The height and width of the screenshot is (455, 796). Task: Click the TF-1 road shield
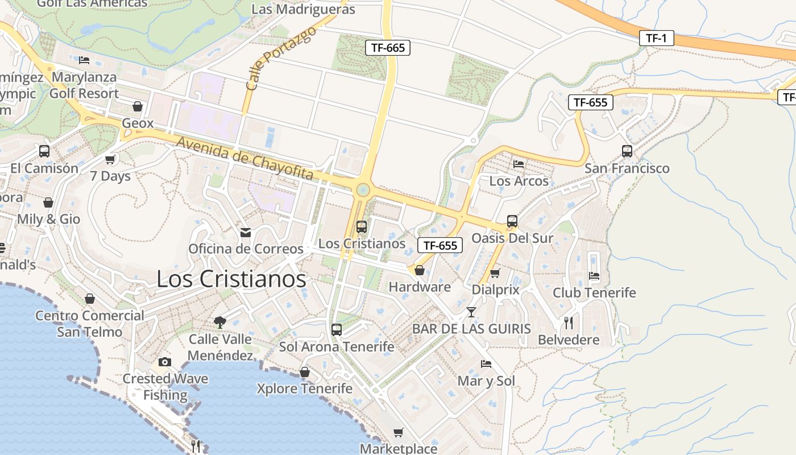coord(656,38)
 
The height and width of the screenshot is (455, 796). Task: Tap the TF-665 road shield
coord(388,48)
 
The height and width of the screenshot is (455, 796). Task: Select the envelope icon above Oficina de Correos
coord(246,233)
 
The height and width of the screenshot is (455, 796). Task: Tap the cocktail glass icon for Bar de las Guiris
coord(471,312)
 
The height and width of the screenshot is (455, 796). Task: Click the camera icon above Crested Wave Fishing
coord(164,362)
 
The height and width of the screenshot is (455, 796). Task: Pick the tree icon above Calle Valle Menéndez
coord(220,322)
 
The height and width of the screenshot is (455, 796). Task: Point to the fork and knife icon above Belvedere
coord(569,322)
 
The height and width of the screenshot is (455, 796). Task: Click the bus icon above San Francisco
coord(627,151)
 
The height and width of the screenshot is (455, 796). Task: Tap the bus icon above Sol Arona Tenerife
coord(337,330)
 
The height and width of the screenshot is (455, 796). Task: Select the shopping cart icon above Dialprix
coord(495,274)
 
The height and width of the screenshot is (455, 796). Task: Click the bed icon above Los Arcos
coord(519,164)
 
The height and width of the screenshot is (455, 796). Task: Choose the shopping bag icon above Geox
coord(137,106)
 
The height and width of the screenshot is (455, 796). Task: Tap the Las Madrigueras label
coord(303,9)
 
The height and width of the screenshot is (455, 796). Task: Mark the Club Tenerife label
coord(594,292)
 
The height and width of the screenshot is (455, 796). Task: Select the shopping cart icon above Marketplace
coord(399,433)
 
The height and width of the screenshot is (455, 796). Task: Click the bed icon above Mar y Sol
coord(486,364)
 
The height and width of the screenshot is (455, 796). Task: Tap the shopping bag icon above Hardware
coord(420,270)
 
